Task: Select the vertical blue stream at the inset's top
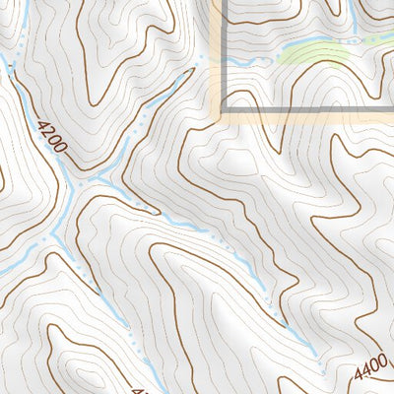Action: [x=352, y=14]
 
